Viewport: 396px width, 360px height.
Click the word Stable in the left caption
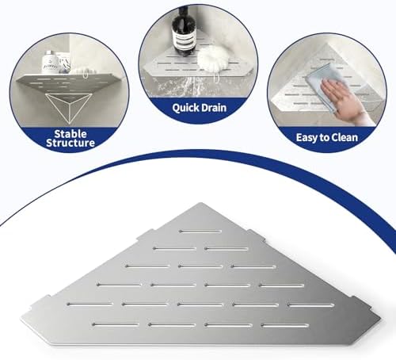pos(70,134)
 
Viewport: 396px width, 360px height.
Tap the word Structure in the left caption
pos(70,143)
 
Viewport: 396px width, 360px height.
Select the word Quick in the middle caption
pos(184,108)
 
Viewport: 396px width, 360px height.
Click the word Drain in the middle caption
pos(212,108)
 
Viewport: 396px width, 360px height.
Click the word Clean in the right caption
pos(345,137)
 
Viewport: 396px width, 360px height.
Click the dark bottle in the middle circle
pos(184,33)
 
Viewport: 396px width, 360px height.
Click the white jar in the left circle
pos(50,63)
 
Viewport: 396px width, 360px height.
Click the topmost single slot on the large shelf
pos(200,232)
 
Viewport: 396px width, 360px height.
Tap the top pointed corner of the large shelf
pos(201,203)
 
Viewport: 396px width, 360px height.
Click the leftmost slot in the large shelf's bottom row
pos(116,324)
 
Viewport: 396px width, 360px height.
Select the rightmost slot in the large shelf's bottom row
pos(285,326)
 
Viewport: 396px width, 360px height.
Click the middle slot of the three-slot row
pos(200,266)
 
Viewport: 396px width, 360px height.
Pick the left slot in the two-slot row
pos(175,249)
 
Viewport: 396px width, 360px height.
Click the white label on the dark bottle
pos(184,39)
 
